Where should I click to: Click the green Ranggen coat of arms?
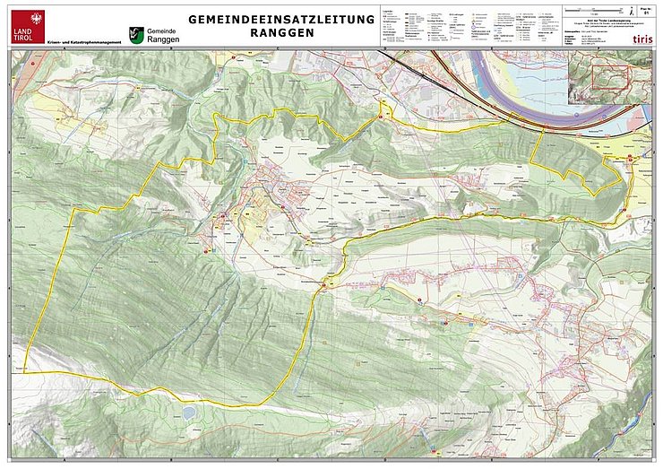click(x=136, y=35)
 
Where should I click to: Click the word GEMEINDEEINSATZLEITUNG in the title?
click(x=281, y=19)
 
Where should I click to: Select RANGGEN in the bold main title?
click(x=281, y=32)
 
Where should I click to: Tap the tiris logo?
click(x=642, y=39)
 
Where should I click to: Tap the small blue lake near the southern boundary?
click(x=189, y=413)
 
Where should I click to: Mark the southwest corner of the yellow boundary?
click(x=24, y=369)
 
